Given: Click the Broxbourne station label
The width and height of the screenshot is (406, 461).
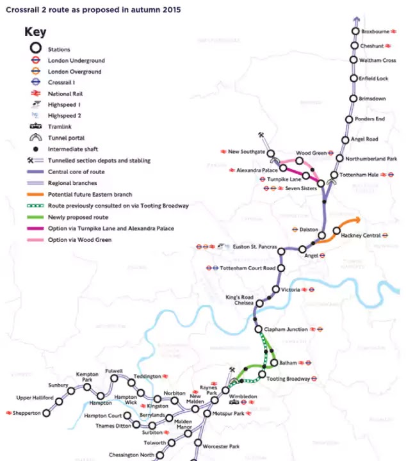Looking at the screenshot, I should pos(375,31).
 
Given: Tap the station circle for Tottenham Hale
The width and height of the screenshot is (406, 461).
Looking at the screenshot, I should pos(334,175).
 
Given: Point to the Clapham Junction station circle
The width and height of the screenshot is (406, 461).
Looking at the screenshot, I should pos(258,330).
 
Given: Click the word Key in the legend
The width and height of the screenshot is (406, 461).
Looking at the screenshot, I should pos(35,32).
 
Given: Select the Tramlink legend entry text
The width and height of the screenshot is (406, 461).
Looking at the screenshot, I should pos(59,127).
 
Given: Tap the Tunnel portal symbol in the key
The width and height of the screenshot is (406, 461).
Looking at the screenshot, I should pos(35,138).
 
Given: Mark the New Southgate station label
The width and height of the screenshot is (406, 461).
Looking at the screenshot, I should pos(246,152).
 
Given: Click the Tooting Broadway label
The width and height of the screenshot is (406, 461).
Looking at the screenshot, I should pos(288,379).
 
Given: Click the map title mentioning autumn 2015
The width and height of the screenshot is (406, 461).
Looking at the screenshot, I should pos(93,10).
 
